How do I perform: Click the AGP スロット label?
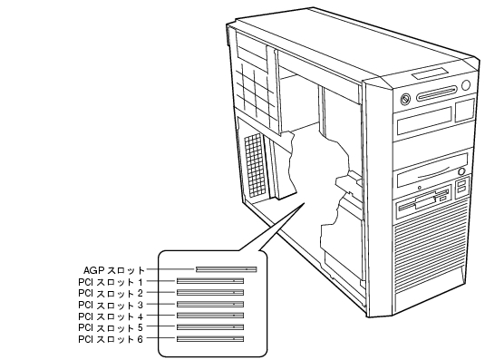point(114,270)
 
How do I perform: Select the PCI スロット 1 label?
point(111,282)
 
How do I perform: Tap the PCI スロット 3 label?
point(111,305)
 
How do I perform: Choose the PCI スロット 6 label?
point(111,339)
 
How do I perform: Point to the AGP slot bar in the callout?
point(227,269)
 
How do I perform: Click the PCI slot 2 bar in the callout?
point(210,292)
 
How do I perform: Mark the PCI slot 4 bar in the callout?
point(210,316)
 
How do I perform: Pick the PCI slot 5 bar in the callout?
point(210,327)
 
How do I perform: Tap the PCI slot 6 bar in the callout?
point(210,339)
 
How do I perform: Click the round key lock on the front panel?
point(405,99)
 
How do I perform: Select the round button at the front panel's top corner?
point(466,85)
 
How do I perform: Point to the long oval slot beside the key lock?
point(436,93)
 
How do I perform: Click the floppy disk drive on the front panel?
point(423,202)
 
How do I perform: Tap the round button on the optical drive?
point(461,171)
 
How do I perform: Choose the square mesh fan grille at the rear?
point(255,165)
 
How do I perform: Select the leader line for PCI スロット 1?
point(160,281)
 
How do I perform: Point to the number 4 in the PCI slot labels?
point(141,316)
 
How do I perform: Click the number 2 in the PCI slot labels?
point(141,293)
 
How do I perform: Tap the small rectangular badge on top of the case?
point(430,74)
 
